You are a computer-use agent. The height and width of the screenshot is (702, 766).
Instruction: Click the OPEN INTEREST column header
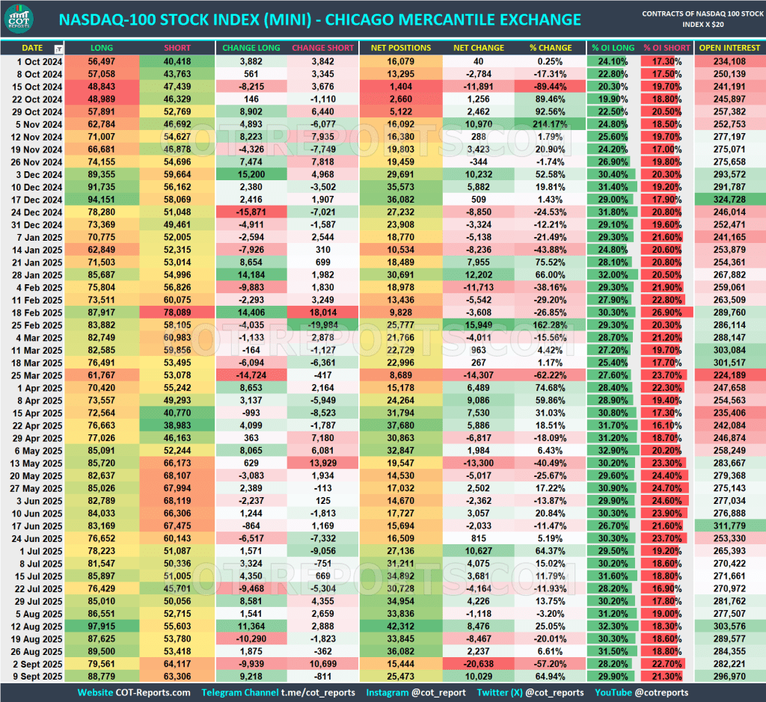729,48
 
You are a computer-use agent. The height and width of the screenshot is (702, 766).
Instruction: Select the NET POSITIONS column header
401,48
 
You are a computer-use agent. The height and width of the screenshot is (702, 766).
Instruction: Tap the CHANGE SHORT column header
322,48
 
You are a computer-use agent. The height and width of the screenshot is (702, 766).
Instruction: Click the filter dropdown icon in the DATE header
59,49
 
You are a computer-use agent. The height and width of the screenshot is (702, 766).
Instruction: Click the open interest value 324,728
729,198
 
